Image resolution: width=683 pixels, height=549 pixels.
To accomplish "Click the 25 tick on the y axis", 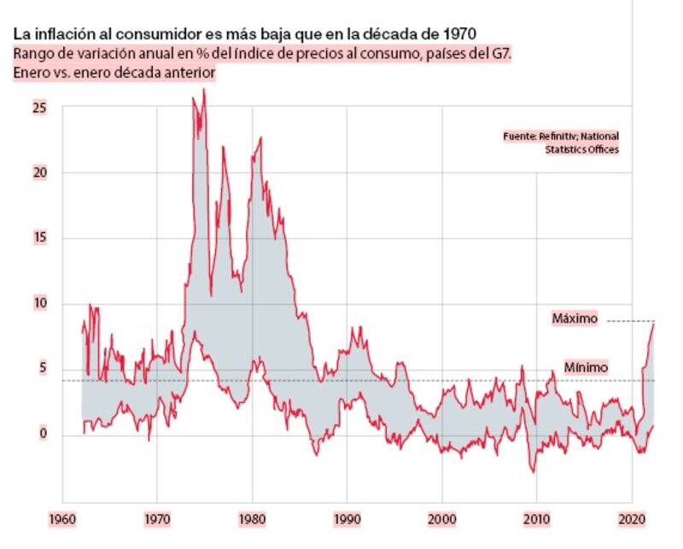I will pos(40,108).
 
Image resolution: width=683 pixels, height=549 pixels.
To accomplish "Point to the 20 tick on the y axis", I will pos(40,172).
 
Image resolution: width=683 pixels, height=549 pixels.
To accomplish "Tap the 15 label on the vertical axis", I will pos(40,238).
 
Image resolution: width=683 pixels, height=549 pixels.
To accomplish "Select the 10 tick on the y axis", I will pos(40,304).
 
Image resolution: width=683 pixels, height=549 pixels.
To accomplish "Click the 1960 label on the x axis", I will pos(62,518).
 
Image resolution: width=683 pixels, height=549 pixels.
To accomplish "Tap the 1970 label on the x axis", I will pos(157,518).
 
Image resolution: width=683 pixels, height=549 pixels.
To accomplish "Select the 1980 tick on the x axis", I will pos(252,518).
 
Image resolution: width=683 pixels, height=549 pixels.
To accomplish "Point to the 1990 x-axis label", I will pos(347,518).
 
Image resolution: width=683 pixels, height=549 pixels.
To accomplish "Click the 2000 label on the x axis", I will pos(441,518).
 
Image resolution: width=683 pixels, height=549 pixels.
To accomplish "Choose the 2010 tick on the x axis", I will pos(537,518).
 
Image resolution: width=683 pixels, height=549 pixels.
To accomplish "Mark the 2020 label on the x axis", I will pos(632,518).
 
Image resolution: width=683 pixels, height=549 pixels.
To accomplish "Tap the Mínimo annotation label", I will pos(586,368).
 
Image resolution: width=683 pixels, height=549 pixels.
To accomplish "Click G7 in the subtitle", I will pos(502,54).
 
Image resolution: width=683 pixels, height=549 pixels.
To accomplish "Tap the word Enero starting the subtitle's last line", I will pos(31,74).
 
